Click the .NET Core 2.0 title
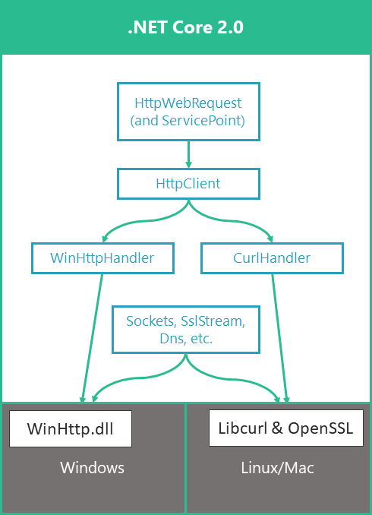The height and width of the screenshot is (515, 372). (186, 28)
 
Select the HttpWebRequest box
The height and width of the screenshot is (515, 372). (188, 111)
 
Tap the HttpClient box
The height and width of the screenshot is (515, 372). (188, 184)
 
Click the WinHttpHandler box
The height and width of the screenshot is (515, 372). (102, 258)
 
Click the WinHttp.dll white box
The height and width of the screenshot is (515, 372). (70, 428)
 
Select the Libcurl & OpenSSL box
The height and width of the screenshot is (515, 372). (285, 428)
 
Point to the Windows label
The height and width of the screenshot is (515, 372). (92, 468)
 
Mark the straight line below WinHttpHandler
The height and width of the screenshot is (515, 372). (92, 334)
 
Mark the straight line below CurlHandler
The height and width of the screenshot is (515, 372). (279, 334)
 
